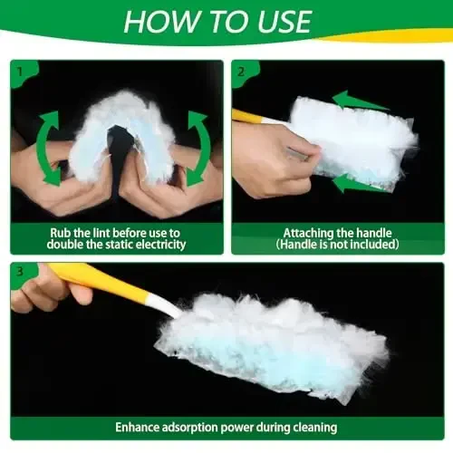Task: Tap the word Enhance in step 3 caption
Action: point(138,426)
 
